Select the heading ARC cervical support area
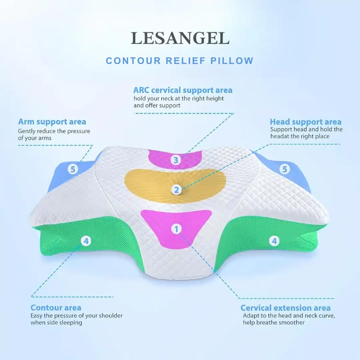click(x=183, y=90)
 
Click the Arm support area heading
click(x=52, y=122)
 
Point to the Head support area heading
click(x=305, y=122)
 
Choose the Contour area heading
click(x=56, y=307)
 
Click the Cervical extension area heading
click(x=285, y=308)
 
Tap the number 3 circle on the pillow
click(x=176, y=160)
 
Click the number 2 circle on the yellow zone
click(x=176, y=190)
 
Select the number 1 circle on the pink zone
click(x=176, y=229)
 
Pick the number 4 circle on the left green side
click(x=86, y=241)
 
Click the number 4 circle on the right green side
click(x=274, y=241)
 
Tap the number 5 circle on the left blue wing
click(x=73, y=169)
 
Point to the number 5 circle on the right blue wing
click(x=284, y=169)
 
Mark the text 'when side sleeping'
click(x=56, y=322)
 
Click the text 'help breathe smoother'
click(x=274, y=322)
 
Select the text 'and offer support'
click(x=157, y=105)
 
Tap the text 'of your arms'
click(x=35, y=138)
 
